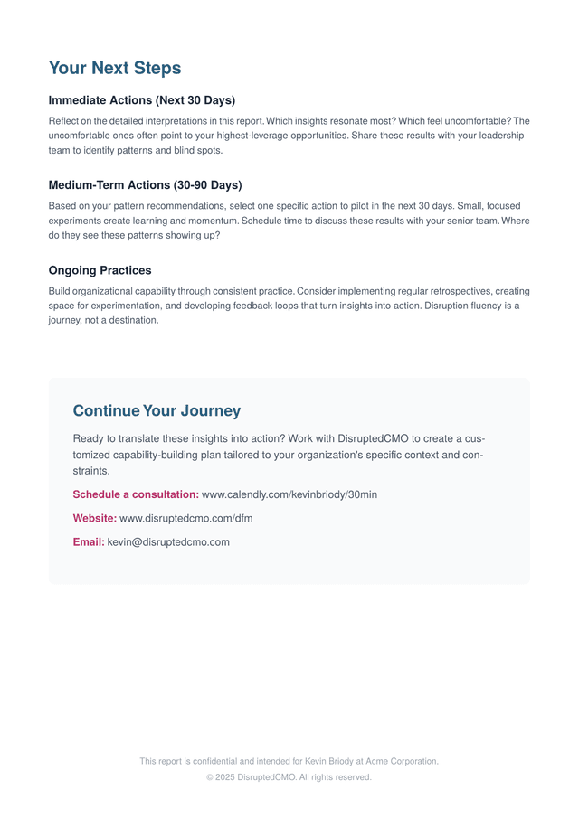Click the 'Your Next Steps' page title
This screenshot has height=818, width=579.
click(115, 68)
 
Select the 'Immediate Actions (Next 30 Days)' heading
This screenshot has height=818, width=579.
click(141, 100)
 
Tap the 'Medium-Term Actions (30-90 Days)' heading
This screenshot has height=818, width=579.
click(145, 185)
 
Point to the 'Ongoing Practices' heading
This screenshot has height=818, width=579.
click(100, 270)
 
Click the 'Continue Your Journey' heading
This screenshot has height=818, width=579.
click(157, 411)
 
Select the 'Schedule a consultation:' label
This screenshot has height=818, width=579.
click(136, 494)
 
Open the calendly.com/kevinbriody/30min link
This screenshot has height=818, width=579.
click(289, 494)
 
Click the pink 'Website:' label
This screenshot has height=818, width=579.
click(94, 519)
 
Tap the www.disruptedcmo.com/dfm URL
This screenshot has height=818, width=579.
click(186, 519)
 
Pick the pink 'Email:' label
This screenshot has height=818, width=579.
click(89, 542)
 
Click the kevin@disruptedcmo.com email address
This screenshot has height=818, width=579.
click(168, 542)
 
